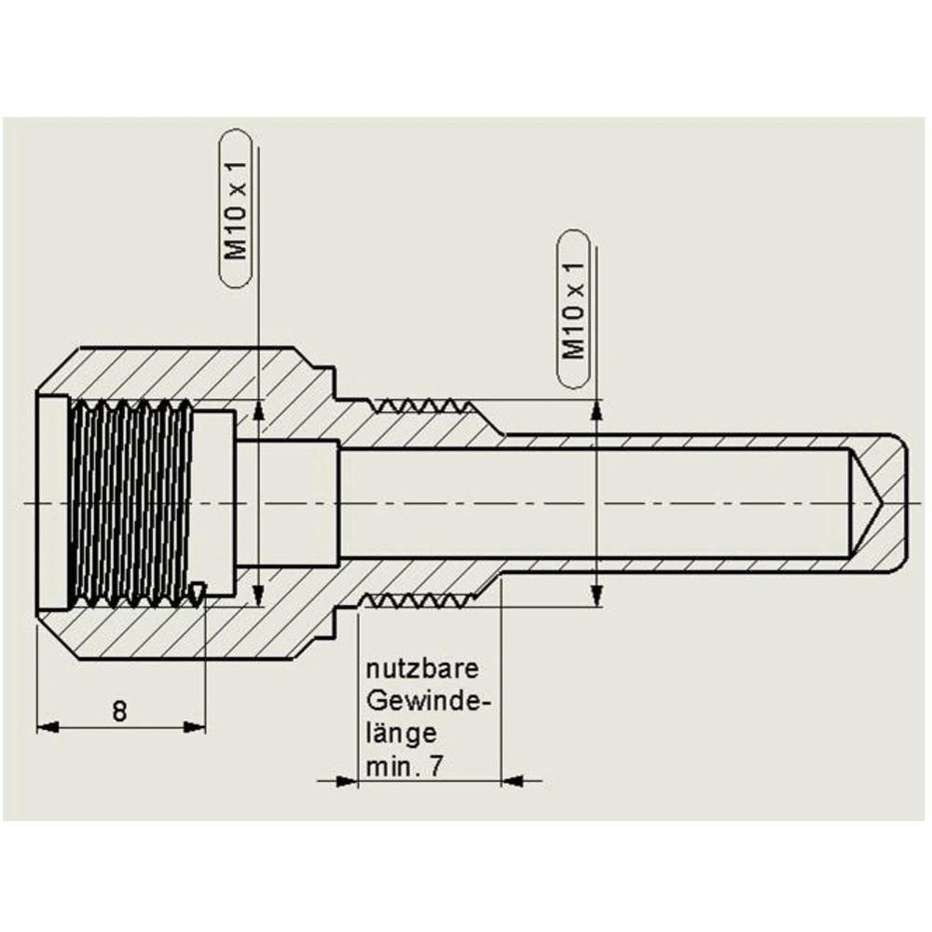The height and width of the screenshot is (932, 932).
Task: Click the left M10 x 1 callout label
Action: pyautogui.click(x=237, y=207)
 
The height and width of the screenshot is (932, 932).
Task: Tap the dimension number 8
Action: pyautogui.click(x=119, y=712)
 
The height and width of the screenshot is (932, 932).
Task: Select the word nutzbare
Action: pyautogui.click(x=422, y=669)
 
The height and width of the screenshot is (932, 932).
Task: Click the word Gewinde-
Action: pyautogui.click(x=428, y=700)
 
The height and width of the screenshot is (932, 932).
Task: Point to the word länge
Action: pyautogui.click(x=402, y=733)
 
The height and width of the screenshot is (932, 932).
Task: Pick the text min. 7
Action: pyautogui.click(x=404, y=766)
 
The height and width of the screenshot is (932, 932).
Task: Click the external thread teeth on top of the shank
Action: pyautogui.click(x=417, y=406)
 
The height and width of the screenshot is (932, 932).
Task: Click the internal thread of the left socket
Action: pyautogui.click(x=130, y=503)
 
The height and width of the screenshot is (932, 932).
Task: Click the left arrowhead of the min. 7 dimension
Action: pyautogui.click(x=347, y=780)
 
